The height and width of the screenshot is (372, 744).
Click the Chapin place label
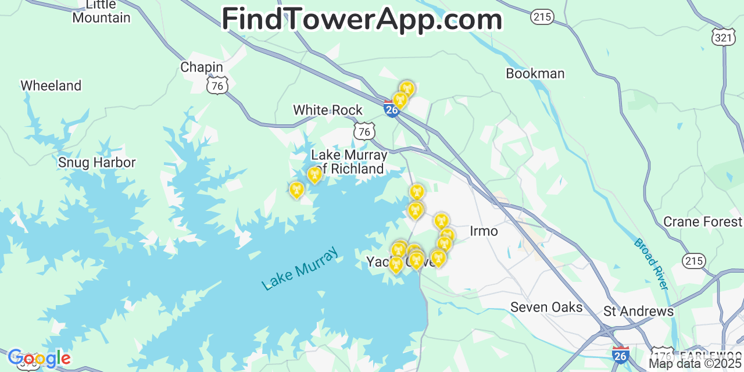click(x=202, y=67)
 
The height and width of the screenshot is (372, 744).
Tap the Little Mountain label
click(x=101, y=12)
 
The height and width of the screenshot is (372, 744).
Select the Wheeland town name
click(x=51, y=86)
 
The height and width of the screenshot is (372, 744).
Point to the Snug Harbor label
click(x=96, y=163)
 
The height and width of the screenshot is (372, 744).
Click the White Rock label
click(x=328, y=110)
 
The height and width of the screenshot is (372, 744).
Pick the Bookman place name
click(x=535, y=74)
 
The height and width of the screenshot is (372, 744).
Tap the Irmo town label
click(x=484, y=231)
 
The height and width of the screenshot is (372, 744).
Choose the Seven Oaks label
click(x=546, y=307)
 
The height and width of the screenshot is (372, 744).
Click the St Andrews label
click(x=638, y=312)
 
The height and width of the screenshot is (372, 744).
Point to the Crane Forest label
click(x=703, y=222)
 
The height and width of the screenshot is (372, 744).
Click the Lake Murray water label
click(x=300, y=269)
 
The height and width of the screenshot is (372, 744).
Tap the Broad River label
click(x=651, y=264)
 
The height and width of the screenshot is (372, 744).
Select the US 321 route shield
click(x=724, y=37)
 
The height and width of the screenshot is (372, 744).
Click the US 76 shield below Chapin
click(x=217, y=86)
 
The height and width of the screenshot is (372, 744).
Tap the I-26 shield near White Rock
click(x=392, y=109)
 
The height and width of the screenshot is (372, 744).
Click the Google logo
click(x=39, y=359)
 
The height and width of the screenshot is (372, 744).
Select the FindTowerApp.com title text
click(x=362, y=20)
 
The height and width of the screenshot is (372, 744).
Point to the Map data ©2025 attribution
click(x=696, y=364)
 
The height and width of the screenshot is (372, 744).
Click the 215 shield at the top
click(x=542, y=17)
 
